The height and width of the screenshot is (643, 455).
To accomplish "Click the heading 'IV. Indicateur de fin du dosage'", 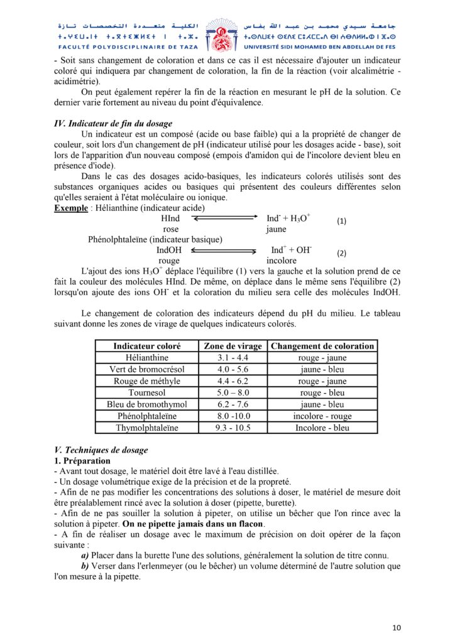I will [x=113, y=124].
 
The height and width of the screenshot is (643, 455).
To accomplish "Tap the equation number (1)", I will [x=342, y=221].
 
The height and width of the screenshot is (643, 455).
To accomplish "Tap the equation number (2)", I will [x=342, y=254].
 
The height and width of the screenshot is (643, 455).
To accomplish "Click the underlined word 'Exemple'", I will [x=70, y=207].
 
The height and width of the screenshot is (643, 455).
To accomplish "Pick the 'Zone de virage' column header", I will [x=233, y=346].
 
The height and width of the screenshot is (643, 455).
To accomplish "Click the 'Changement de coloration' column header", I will [x=322, y=346].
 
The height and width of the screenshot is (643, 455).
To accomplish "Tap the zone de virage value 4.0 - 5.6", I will [x=233, y=369].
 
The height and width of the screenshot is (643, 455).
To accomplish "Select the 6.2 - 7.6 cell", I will [x=233, y=404].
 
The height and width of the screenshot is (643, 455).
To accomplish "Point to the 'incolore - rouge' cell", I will [x=322, y=416].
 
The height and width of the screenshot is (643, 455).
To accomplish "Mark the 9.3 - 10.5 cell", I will [x=233, y=428].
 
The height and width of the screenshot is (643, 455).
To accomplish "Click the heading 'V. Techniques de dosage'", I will [x=101, y=450].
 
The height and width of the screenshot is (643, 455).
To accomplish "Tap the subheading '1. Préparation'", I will [x=82, y=461].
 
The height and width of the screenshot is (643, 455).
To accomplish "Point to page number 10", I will [x=396, y=627].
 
